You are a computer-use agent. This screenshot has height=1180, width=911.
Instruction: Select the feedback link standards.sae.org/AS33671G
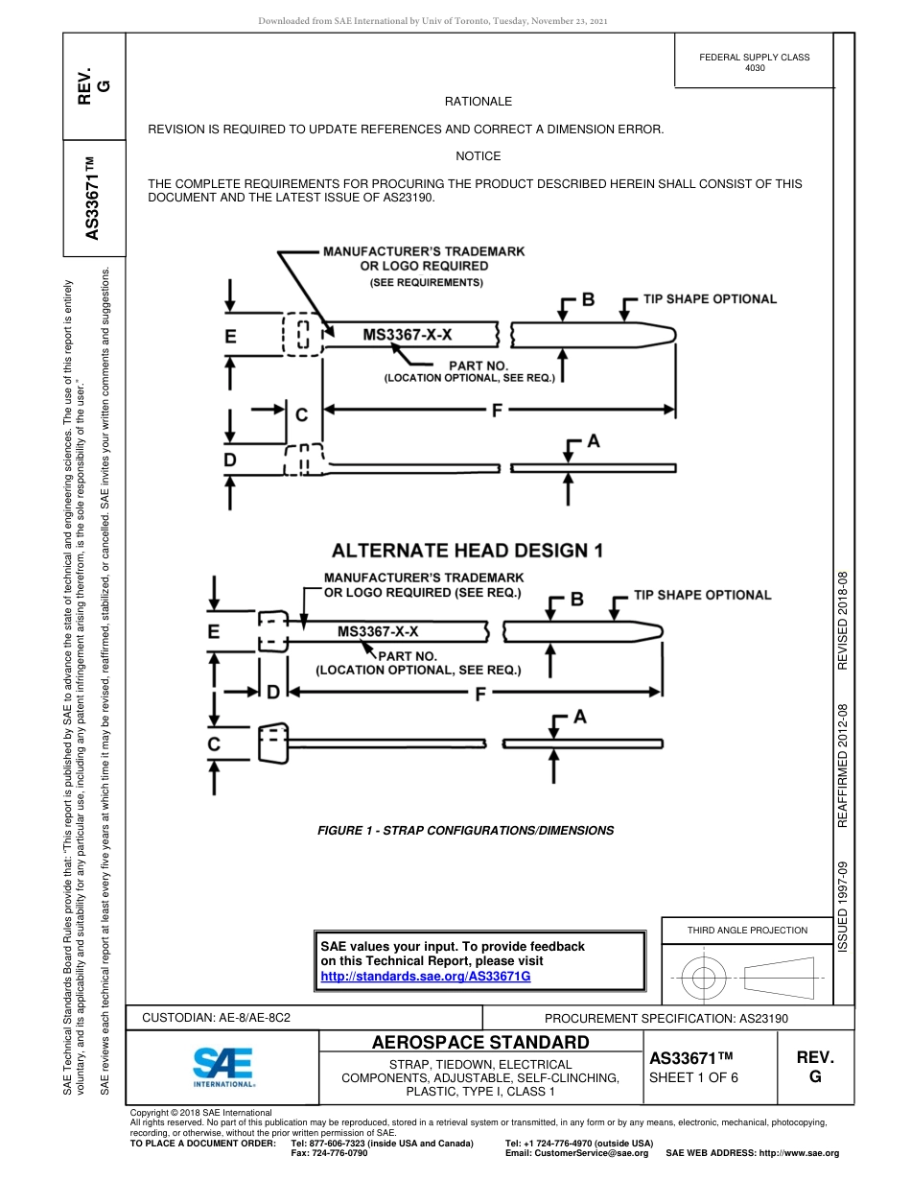pyautogui.click(x=425, y=975)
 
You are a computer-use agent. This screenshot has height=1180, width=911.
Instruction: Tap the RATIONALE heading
pyautogui.click(x=478, y=102)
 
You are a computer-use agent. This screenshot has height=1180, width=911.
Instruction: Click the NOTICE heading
pyautogui.click(x=478, y=156)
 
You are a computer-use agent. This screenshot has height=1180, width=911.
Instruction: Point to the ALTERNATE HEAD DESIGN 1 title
pyautogui.click(x=467, y=551)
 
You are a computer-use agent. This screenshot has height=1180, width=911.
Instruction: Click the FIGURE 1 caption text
pyautogui.click(x=465, y=831)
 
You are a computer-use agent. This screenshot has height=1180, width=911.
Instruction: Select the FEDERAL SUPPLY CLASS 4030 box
pyautogui.click(x=754, y=62)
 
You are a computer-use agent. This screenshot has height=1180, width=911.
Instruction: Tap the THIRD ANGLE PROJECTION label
pyautogui.click(x=747, y=930)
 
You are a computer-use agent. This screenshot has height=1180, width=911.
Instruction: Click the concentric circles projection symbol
pyautogui.click(x=704, y=979)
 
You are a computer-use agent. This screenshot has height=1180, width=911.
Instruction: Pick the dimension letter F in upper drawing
pyautogui.click(x=497, y=411)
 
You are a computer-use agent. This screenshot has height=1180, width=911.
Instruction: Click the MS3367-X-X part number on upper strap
pyautogui.click(x=407, y=335)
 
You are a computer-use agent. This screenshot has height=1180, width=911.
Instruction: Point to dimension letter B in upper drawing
pyautogui.click(x=588, y=300)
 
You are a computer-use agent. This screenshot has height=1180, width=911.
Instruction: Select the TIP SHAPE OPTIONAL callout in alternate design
pyautogui.click(x=702, y=595)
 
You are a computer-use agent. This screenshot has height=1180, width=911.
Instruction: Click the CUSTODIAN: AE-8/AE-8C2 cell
pyautogui.click(x=216, y=1018)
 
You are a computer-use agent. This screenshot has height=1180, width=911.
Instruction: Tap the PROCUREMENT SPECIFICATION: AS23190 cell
pyautogui.click(x=666, y=1019)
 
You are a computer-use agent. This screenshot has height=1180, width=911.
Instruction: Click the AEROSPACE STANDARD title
pyautogui.click(x=479, y=1043)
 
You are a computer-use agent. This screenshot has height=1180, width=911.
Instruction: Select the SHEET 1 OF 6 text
pyautogui.click(x=693, y=1077)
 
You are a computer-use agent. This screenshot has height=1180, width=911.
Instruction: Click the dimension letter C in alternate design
pyautogui.click(x=214, y=744)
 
